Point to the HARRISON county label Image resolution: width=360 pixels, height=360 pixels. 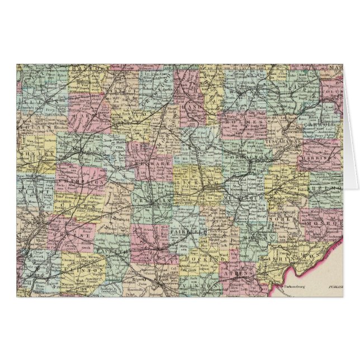pos(323,158)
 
